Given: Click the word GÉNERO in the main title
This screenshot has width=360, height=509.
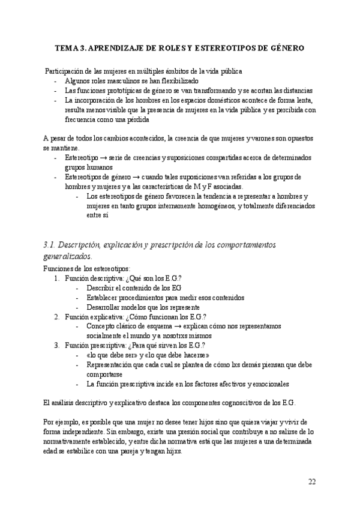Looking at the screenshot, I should click(x=286, y=47).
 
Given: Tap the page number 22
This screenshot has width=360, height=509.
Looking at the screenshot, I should click(x=312, y=481).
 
